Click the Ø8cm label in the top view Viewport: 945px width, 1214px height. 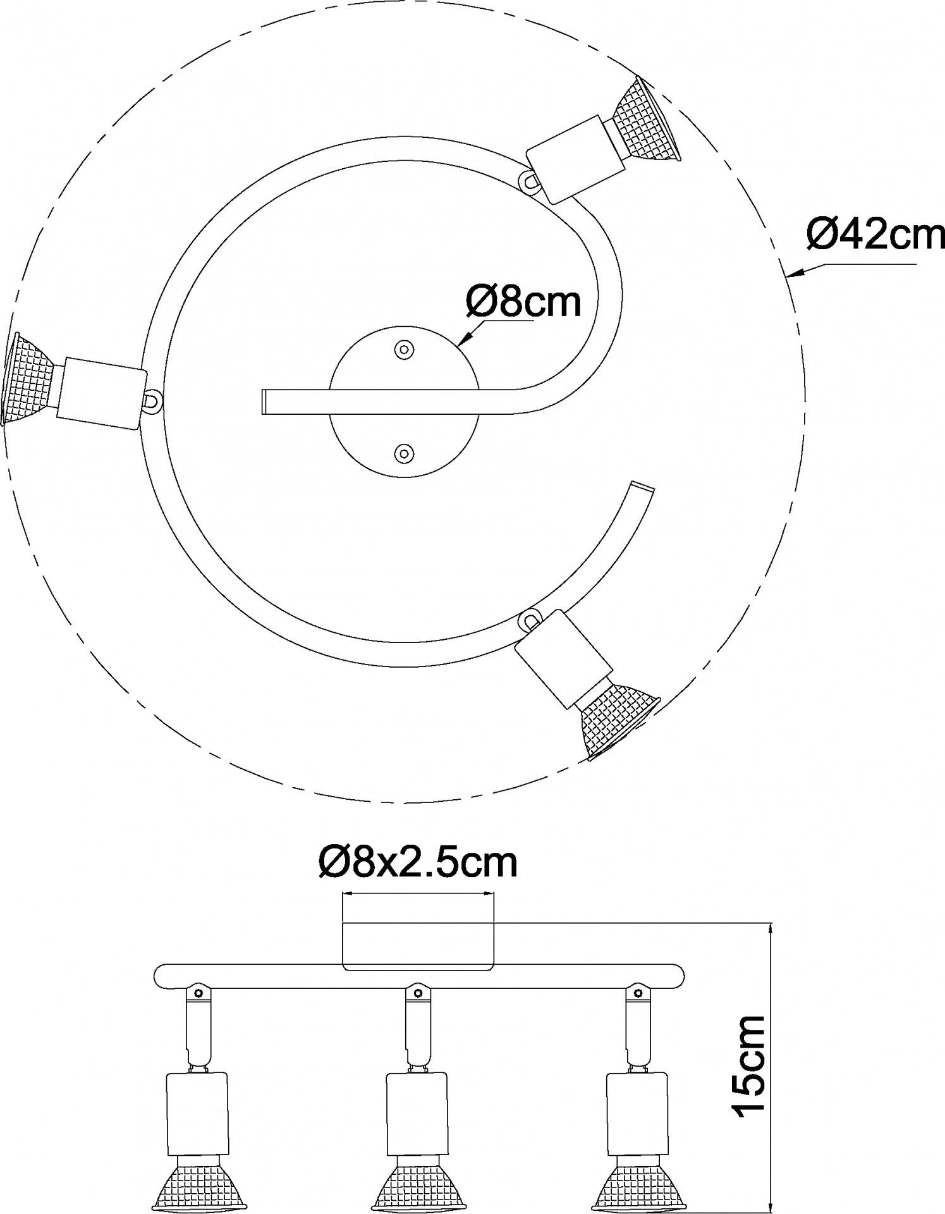(x=523, y=302)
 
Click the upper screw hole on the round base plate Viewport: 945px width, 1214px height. (x=402, y=348)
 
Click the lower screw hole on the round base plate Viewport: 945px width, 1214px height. (x=402, y=452)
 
